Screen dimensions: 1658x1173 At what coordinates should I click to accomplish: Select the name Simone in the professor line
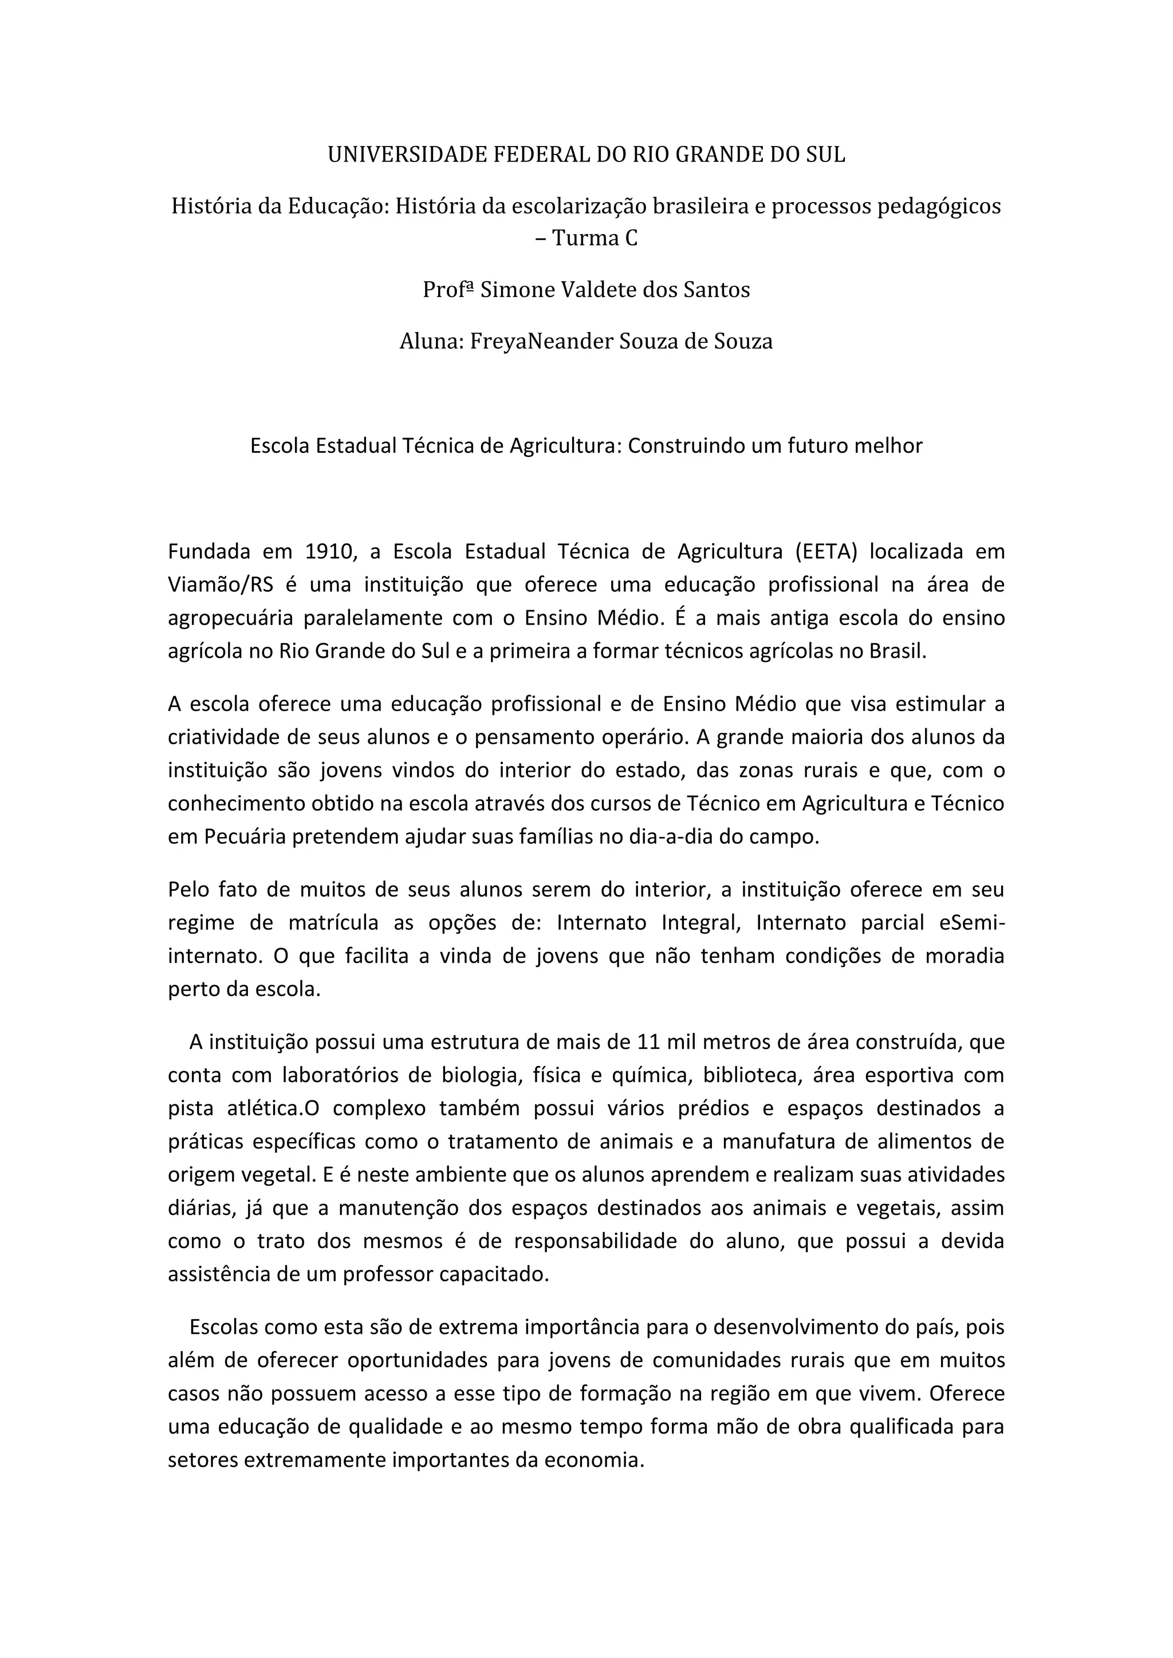coord(512,290)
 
